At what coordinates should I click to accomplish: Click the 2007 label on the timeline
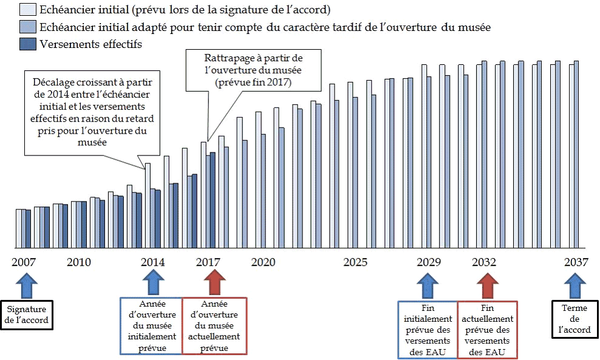(x=22, y=263)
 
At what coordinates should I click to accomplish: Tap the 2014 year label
(x=152, y=263)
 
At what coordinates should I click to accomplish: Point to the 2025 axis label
(x=355, y=263)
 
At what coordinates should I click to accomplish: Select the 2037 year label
(x=576, y=263)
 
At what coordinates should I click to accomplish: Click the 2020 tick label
(x=263, y=263)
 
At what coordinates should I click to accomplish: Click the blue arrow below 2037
(x=575, y=284)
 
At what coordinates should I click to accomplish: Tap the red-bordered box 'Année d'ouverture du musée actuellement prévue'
(x=215, y=326)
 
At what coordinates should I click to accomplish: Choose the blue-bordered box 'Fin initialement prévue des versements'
(x=428, y=328)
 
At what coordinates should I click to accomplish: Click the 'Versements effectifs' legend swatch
(x=28, y=44)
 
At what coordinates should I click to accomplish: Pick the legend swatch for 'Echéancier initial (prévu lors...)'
(x=28, y=10)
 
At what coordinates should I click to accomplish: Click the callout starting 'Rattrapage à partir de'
(x=254, y=70)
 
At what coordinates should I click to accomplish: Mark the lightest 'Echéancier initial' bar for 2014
(x=147, y=206)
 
